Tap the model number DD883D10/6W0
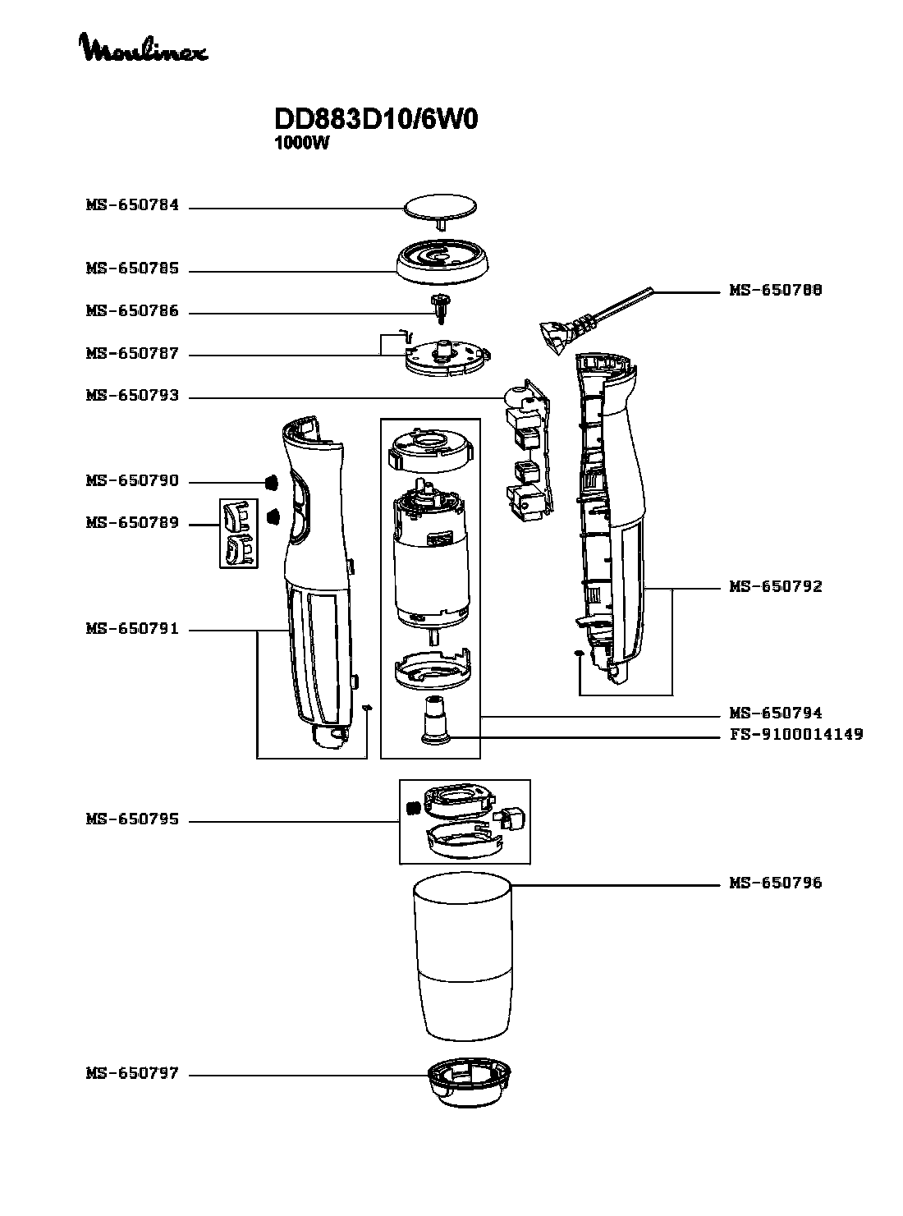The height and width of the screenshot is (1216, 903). click(x=376, y=120)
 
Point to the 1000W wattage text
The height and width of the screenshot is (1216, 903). click(x=301, y=143)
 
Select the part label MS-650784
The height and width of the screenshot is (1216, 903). click(x=132, y=205)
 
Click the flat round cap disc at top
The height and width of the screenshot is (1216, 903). click(x=441, y=206)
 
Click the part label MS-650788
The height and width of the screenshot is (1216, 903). click(x=775, y=290)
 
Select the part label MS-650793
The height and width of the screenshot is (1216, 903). click(x=132, y=396)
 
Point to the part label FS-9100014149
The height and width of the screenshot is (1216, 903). click(x=795, y=734)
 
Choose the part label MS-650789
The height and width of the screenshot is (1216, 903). click(x=132, y=524)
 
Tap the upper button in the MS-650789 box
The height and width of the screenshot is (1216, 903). click(x=236, y=515)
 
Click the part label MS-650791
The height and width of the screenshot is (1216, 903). click(x=132, y=630)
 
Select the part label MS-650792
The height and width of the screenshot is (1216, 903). click(x=775, y=586)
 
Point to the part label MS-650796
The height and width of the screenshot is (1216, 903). click(x=775, y=883)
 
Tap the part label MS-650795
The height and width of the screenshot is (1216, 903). click(x=132, y=819)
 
